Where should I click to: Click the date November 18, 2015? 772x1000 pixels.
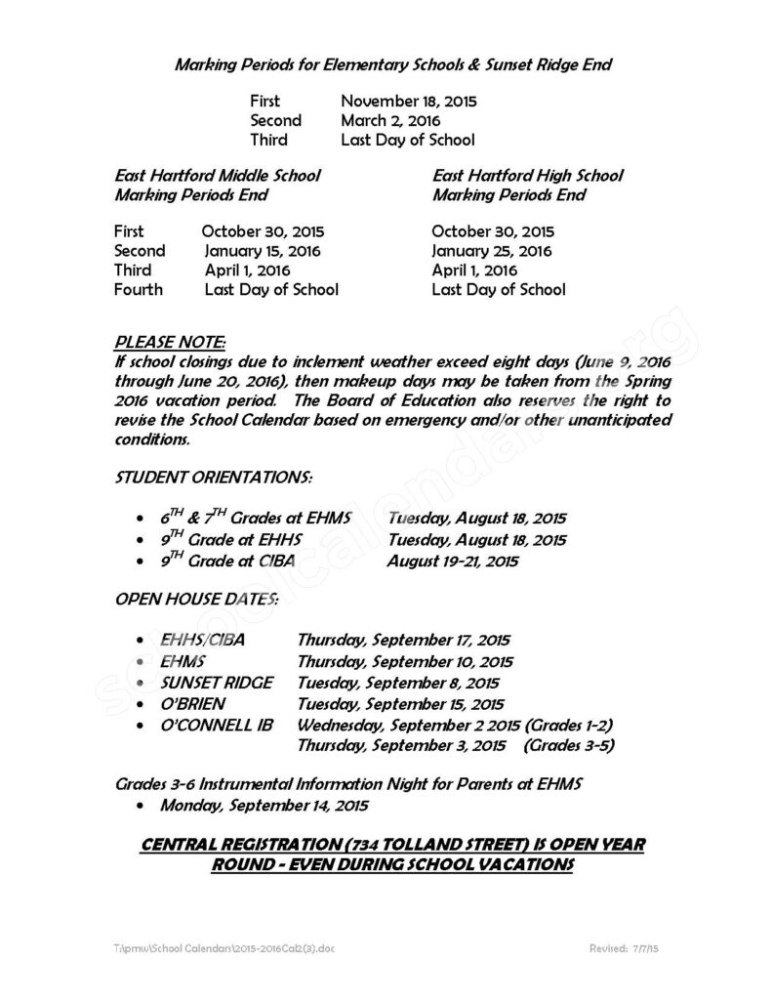pyautogui.click(x=409, y=101)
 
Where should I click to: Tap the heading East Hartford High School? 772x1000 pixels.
pyautogui.click(x=527, y=176)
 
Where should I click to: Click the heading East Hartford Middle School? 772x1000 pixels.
pyautogui.click(x=218, y=176)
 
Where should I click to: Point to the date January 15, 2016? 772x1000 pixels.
pyautogui.click(x=263, y=251)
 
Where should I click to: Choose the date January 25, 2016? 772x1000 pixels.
pyautogui.click(x=492, y=251)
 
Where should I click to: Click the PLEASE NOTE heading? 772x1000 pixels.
pyautogui.click(x=170, y=343)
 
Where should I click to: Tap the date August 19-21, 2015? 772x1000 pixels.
pyautogui.click(x=452, y=562)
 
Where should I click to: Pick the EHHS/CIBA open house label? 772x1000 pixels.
pyautogui.click(x=202, y=641)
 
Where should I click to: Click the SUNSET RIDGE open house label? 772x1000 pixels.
pyautogui.click(x=217, y=683)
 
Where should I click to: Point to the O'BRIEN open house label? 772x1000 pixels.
pyautogui.click(x=195, y=703)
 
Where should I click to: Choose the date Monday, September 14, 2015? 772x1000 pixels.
pyautogui.click(x=264, y=806)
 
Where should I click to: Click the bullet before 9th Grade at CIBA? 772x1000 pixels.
pyautogui.click(x=144, y=562)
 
